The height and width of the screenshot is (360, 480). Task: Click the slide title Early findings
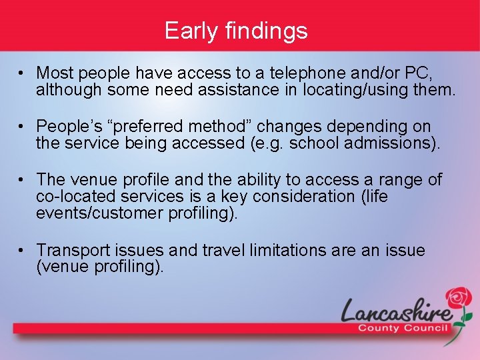(x=236, y=31)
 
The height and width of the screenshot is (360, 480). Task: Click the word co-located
(x=76, y=197)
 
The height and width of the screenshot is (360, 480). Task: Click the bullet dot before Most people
(x=23, y=72)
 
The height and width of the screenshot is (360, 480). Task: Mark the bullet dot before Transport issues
(x=23, y=251)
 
